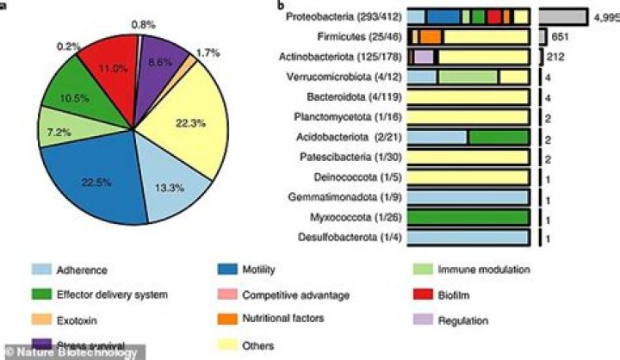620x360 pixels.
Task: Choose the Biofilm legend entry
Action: click(447, 295)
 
